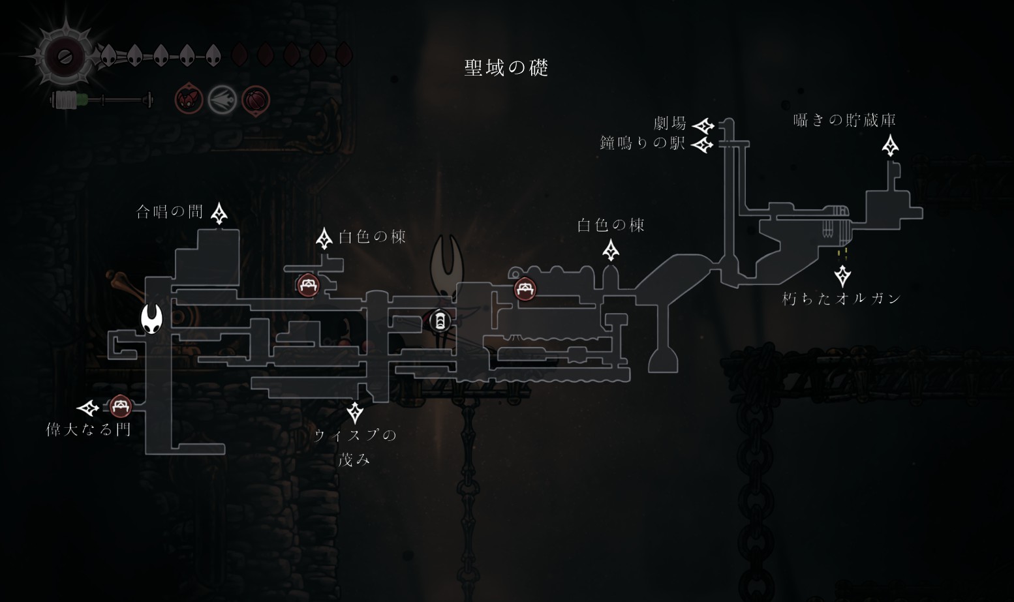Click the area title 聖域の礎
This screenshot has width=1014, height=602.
click(506, 68)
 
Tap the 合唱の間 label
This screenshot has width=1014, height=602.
click(170, 211)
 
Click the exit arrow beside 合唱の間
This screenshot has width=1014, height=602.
click(219, 214)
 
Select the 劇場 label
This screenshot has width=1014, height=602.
click(670, 123)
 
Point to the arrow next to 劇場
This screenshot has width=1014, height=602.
click(703, 125)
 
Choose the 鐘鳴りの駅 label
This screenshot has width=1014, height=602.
click(642, 143)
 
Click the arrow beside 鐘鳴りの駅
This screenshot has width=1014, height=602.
click(703, 145)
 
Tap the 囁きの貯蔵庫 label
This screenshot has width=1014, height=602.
click(845, 120)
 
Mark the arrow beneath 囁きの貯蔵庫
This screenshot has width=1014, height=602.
click(891, 145)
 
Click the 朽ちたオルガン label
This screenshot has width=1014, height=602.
click(842, 298)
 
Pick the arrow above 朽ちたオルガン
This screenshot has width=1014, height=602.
click(842, 276)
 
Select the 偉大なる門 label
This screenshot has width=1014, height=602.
click(89, 429)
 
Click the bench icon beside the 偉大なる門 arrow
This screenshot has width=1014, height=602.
click(121, 406)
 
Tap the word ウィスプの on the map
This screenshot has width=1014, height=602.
click(356, 435)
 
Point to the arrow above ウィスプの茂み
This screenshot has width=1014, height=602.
click(356, 413)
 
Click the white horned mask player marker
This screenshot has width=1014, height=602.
click(151, 318)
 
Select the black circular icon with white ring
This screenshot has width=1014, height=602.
click(440, 321)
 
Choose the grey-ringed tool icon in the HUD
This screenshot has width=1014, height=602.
click(223, 100)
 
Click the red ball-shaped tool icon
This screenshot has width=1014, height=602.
click(256, 100)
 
